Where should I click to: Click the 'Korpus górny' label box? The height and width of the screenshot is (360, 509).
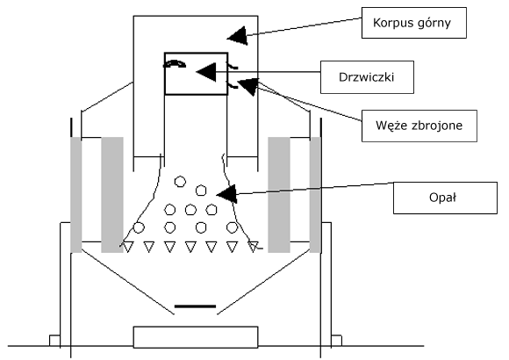414,23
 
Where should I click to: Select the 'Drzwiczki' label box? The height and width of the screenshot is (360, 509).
367,77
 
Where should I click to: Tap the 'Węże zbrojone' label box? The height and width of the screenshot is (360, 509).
419,126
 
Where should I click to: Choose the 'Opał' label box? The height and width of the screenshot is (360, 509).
445,198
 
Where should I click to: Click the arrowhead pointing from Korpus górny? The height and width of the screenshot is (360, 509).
238,36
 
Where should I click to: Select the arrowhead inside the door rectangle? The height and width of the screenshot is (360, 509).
206,72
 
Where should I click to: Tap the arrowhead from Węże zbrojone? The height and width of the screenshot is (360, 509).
248,86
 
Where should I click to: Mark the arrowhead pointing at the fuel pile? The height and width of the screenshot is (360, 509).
227,194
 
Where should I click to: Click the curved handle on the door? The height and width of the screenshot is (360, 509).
175,63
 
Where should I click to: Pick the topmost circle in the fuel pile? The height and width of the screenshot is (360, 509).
180,181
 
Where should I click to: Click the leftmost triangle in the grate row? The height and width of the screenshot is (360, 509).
128,247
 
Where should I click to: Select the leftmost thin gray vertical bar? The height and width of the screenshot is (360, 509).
76,195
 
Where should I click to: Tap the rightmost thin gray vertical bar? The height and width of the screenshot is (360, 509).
315,195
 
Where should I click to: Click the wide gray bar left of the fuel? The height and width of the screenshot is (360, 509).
112,195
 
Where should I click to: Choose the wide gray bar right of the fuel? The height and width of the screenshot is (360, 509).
279,195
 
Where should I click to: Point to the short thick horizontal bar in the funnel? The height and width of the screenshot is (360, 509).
195,306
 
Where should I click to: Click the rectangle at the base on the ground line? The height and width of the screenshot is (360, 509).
196,337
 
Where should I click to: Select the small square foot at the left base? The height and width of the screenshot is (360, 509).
54,341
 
